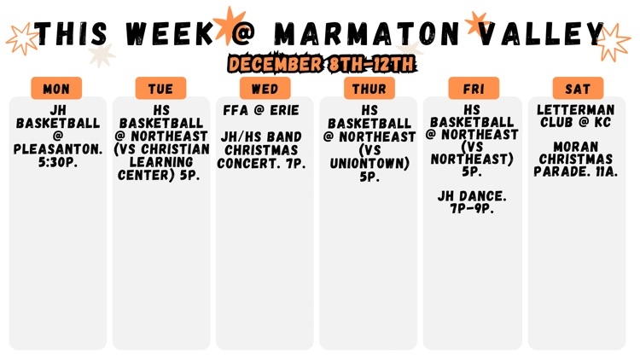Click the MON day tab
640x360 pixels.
[x=56, y=89]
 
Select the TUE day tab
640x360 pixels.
[x=160, y=89]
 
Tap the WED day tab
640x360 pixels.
[x=265, y=89]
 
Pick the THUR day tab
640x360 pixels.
[x=369, y=89]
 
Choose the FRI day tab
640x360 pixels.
[x=474, y=89]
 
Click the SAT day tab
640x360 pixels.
[x=578, y=89]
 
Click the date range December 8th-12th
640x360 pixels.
[x=321, y=63]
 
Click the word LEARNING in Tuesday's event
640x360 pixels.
[x=160, y=162]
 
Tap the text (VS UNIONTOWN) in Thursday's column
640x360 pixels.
[x=369, y=157]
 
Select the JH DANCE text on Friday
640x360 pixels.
[x=472, y=196]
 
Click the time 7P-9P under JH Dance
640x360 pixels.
[x=472, y=208]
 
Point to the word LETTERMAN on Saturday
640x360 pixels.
[x=576, y=110]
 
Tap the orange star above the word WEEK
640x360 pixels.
[x=229, y=22]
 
